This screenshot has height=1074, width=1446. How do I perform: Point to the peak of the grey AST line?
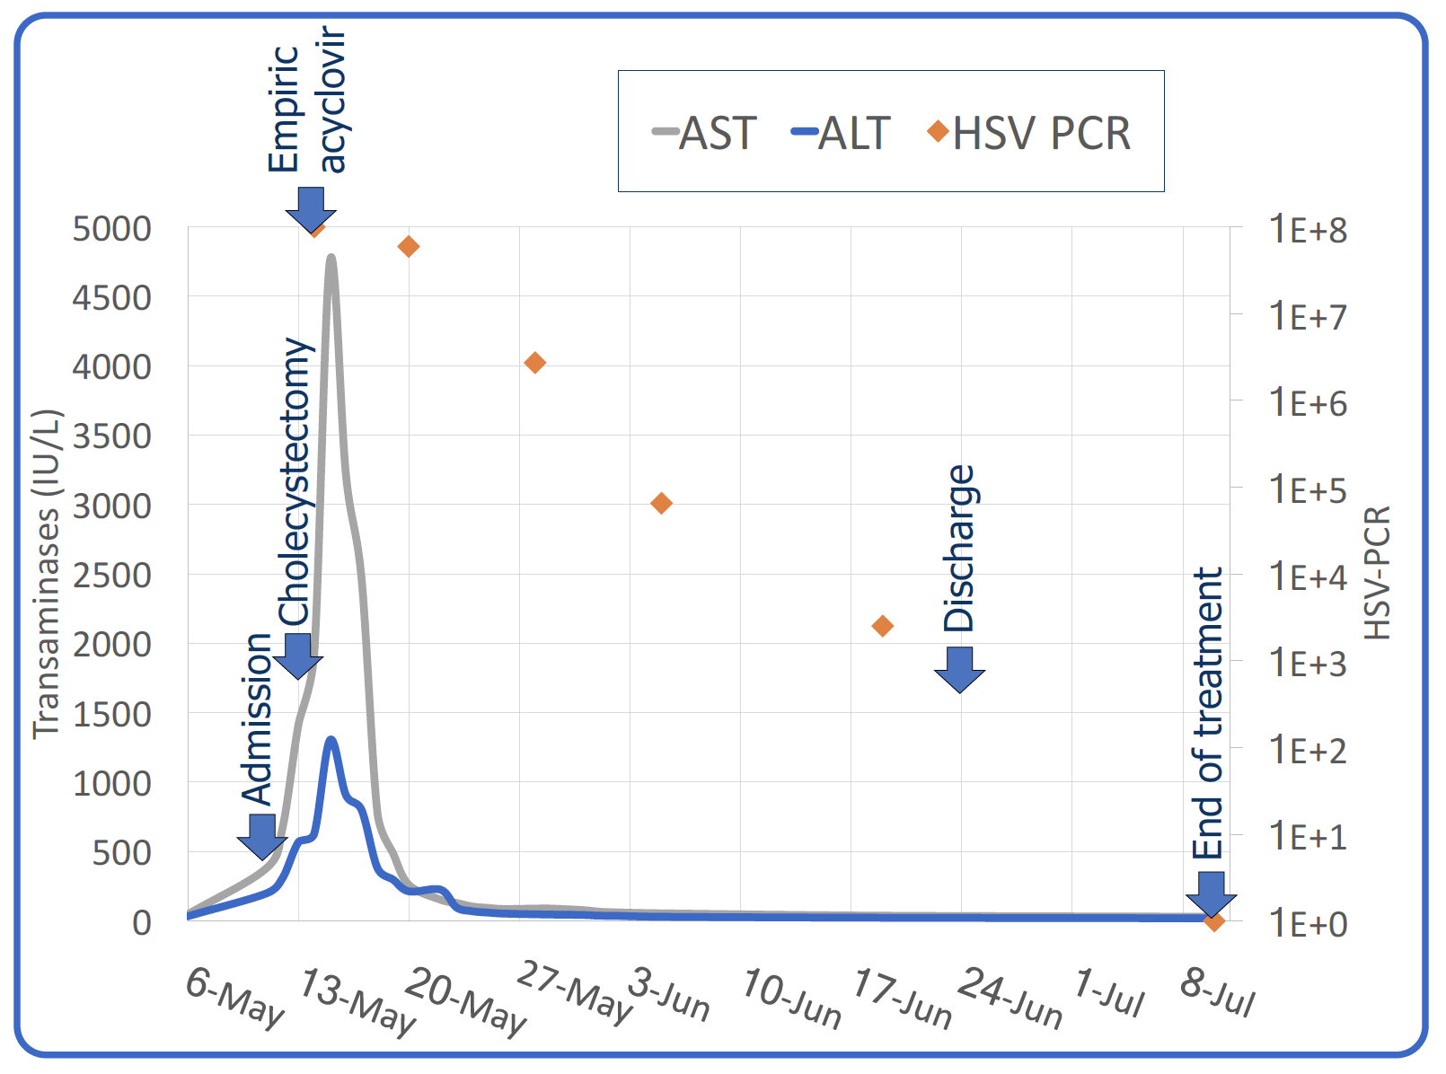point(331,258)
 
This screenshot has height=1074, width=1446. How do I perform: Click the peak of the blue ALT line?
point(331,740)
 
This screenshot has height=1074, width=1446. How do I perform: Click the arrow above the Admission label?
point(261,835)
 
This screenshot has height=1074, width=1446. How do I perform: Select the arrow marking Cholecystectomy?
point(297,655)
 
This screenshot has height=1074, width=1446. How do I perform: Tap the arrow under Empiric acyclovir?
point(311,209)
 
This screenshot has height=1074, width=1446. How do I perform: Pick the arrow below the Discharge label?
point(959,669)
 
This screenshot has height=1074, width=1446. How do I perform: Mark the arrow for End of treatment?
point(1211,894)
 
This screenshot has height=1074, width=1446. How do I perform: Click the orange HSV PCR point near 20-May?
point(409,247)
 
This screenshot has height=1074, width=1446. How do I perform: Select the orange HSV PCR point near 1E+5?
point(661,503)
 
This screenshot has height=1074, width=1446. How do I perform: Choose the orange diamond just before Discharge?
point(883,626)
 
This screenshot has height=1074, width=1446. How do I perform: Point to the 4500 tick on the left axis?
point(112,298)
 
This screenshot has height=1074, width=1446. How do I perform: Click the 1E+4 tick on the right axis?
point(1308,577)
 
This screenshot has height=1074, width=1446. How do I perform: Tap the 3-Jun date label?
point(669,994)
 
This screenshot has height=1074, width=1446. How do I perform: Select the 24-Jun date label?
point(1010,998)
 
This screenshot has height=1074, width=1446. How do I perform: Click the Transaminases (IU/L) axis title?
point(47,575)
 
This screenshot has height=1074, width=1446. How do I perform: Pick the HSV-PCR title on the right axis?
point(1378,573)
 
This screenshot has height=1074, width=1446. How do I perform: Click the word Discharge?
point(959,548)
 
